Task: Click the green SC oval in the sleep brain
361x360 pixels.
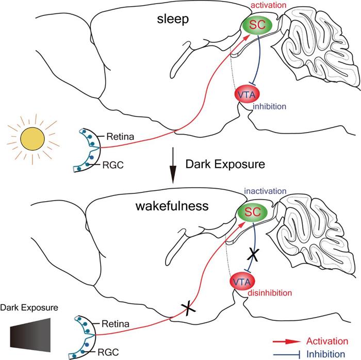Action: pos(257,25)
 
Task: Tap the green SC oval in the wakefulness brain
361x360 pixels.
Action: pos(253,212)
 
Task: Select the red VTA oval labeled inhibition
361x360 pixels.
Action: pos(247,94)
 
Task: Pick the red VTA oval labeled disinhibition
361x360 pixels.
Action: pos(242,282)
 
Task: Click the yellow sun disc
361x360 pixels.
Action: pos(32,139)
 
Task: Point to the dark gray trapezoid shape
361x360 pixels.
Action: pos(30,335)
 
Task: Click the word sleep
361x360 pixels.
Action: pos(173,19)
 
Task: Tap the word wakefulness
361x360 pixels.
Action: pos(172,206)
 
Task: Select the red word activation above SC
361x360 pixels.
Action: pos(268,5)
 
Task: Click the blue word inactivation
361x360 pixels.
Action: pos(265,191)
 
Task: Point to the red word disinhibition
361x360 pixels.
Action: pos(270,293)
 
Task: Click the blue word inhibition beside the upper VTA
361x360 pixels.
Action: pos(269,106)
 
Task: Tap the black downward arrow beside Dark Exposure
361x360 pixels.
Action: pos(173,166)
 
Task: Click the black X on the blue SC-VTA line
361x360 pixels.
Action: pos(253,255)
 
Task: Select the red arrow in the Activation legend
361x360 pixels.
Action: pos(287,341)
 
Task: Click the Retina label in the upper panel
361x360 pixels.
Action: pos(120,137)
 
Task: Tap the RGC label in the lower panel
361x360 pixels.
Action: pos(108,352)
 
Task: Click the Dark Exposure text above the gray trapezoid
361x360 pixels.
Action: pos(29,308)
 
